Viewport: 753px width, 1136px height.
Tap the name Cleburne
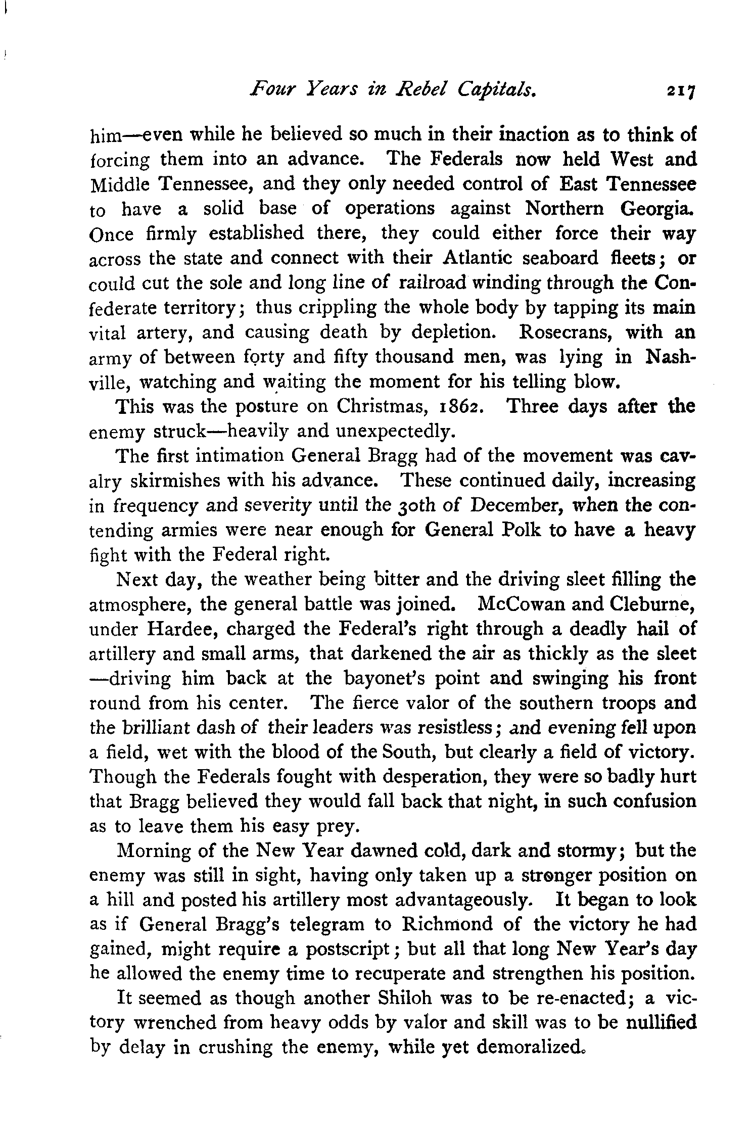[x=652, y=604]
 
